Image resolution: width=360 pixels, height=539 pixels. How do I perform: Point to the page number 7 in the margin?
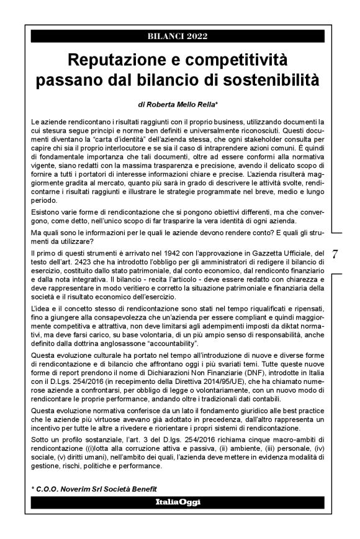(335, 255)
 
